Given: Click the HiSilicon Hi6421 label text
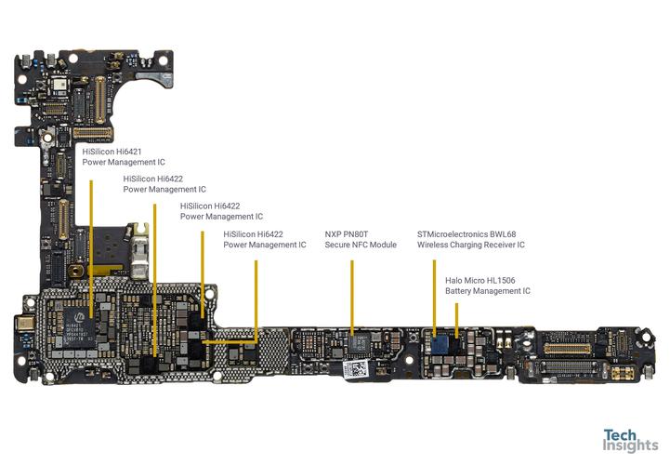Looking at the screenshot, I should click(x=112, y=151).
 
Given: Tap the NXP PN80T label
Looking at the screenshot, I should click(x=348, y=234).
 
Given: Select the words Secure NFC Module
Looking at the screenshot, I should click(x=361, y=246).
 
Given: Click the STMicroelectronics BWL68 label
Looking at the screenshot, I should click(x=469, y=234).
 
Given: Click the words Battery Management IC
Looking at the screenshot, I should click(x=487, y=291).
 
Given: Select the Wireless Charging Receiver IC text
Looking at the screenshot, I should click(x=470, y=246).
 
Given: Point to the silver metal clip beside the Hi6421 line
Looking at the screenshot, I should click(x=140, y=251).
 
